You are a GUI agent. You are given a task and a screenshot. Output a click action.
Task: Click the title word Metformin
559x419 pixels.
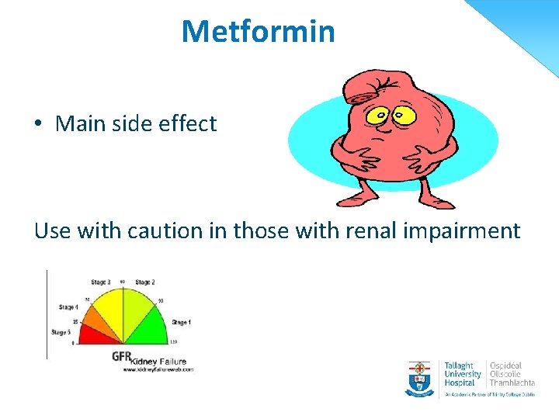pyautogui.click(x=258, y=32)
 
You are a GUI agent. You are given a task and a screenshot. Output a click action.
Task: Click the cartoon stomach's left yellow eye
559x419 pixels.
pyautogui.click(x=380, y=117)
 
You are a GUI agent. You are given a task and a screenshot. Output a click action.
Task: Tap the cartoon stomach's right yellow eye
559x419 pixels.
pyautogui.click(x=404, y=116)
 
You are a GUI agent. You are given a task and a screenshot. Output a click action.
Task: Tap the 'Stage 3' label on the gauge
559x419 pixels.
pyautogui.click(x=100, y=282)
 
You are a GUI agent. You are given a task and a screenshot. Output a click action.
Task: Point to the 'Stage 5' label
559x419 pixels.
pyautogui.click(x=61, y=332)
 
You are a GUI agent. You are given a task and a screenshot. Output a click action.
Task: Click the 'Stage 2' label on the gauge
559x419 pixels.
pyautogui.click(x=144, y=282)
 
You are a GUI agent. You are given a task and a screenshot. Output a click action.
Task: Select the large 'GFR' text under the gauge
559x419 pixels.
pyautogui.click(x=121, y=357)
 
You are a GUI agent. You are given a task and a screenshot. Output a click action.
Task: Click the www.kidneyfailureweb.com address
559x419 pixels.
pyautogui.click(x=157, y=369)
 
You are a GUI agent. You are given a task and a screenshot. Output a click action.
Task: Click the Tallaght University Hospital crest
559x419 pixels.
pyautogui.click(x=420, y=377)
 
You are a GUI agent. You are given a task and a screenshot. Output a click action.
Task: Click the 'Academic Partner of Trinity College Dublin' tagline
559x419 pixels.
pyautogui.click(x=489, y=394)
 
